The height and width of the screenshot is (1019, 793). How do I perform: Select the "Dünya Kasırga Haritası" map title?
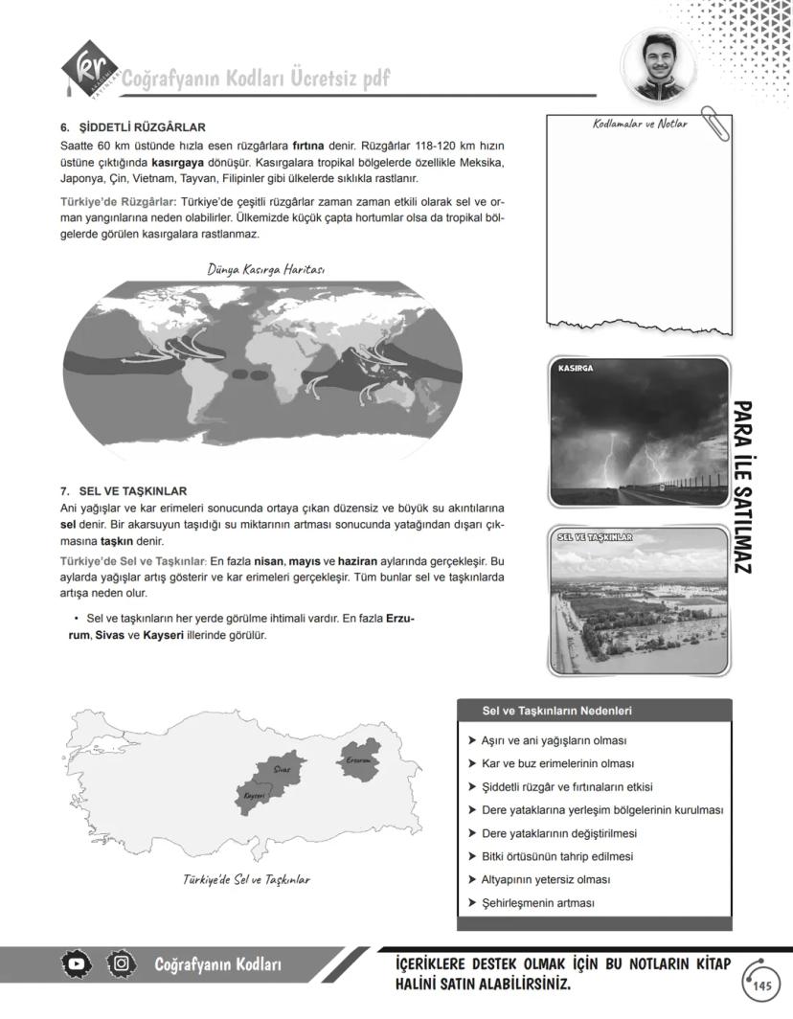click(x=265, y=269)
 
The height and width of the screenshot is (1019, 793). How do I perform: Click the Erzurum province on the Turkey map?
click(x=359, y=760)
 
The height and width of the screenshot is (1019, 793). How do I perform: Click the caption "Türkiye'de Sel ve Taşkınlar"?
click(x=246, y=879)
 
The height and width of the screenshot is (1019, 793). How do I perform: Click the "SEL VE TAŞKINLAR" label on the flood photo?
click(x=594, y=537)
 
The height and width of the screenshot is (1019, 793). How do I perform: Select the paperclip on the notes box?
click(x=714, y=124)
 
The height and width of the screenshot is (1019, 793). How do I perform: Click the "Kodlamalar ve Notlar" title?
click(x=633, y=125)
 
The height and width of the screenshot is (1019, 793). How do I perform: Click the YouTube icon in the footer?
click(x=77, y=963)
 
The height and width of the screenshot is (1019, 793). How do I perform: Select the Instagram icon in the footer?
click(x=121, y=963)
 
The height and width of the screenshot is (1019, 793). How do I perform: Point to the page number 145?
click(x=761, y=986)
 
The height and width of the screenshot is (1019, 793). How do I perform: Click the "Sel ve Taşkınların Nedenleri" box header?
click(x=556, y=711)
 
